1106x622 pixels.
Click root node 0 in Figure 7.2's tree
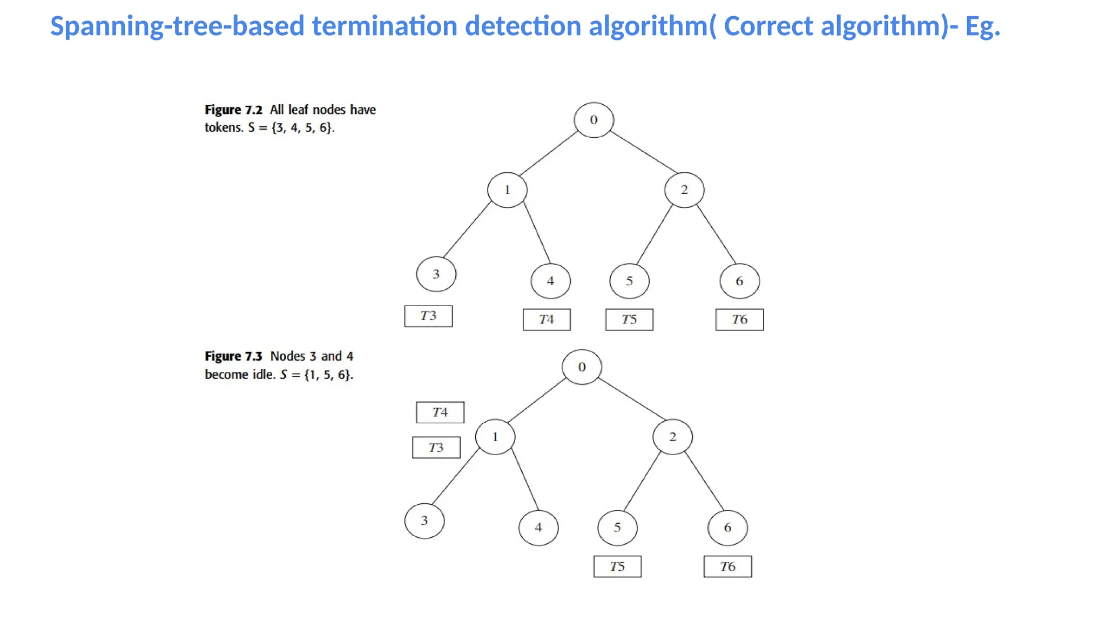(x=594, y=120)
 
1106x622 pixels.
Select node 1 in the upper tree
(x=507, y=190)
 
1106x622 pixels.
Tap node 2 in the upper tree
(x=684, y=190)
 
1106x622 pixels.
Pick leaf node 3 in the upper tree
(x=436, y=274)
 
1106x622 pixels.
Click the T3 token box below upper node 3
(x=428, y=316)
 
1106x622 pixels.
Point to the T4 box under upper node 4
(x=547, y=320)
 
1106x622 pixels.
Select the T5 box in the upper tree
(x=629, y=320)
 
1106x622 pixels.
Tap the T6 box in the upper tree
(x=739, y=320)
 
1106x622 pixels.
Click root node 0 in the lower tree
(x=582, y=367)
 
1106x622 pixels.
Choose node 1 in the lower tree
(x=495, y=437)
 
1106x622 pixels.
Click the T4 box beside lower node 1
(x=440, y=413)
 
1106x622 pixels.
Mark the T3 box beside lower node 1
(x=436, y=448)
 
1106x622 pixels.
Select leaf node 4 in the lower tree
(x=538, y=528)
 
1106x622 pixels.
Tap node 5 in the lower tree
(x=617, y=528)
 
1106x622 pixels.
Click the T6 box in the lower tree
(x=727, y=567)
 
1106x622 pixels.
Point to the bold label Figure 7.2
(x=233, y=110)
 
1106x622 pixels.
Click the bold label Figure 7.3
(x=233, y=356)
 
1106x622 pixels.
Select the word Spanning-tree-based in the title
(x=177, y=26)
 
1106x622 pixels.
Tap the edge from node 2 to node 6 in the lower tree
(x=704, y=481)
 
